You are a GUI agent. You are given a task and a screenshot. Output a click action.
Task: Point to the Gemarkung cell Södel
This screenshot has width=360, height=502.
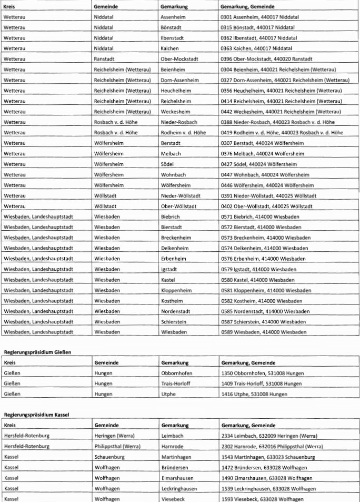(168, 164)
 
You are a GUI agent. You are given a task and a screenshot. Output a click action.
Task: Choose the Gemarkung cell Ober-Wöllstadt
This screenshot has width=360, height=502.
(179, 206)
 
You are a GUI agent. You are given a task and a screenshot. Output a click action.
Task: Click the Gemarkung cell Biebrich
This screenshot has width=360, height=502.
(171, 216)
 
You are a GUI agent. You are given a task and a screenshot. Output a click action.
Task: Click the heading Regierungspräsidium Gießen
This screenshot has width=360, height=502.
(37, 351)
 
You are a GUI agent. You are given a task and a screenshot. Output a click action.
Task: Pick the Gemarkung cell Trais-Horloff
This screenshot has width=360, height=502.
(176, 383)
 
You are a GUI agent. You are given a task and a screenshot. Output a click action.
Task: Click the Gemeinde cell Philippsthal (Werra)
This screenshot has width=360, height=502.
(117, 446)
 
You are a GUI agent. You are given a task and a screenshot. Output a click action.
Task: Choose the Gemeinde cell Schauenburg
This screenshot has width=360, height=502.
(109, 457)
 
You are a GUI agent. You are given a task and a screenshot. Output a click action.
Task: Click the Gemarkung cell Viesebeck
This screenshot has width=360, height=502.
(173, 498)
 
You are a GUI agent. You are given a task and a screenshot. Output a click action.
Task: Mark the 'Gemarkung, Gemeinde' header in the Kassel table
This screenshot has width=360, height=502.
(248, 425)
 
